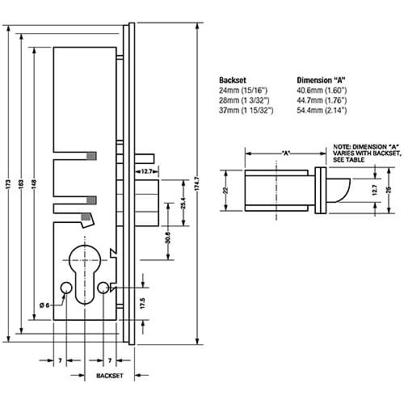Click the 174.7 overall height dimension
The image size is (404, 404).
(x=197, y=184)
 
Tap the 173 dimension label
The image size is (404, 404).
(x=8, y=184)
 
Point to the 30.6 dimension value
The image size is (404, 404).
(x=168, y=238)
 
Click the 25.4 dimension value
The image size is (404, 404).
(x=183, y=203)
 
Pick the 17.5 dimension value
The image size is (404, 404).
(x=143, y=303)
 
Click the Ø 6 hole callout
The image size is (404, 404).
(x=44, y=305)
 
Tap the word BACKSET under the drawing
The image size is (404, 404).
(x=110, y=376)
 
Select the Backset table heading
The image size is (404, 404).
(x=233, y=80)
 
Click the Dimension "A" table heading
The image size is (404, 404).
(x=321, y=80)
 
